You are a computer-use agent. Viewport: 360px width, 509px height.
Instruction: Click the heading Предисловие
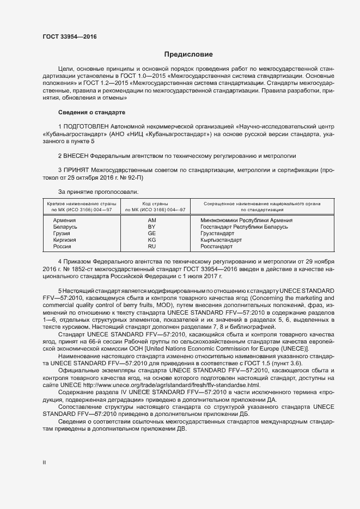(x=189, y=54)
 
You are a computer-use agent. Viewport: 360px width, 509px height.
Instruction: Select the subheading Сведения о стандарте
(x=91, y=113)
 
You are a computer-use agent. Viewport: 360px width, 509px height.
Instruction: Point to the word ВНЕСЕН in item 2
(x=76, y=155)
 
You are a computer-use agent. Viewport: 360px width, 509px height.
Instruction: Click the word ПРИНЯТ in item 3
(x=77, y=169)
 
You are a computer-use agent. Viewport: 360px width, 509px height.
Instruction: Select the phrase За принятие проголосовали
(x=98, y=192)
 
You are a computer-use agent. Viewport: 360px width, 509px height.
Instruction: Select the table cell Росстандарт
(x=216, y=247)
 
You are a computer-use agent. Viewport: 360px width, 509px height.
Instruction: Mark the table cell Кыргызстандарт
(x=221, y=240)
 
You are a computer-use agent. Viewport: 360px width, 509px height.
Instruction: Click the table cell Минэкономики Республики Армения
(x=247, y=220)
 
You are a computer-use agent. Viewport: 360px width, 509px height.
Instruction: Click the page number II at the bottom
(x=44, y=463)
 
